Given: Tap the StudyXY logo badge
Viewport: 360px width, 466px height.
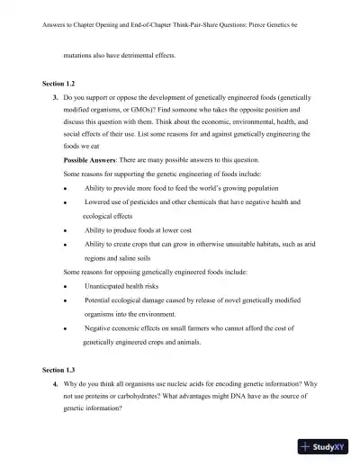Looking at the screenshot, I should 323,445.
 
